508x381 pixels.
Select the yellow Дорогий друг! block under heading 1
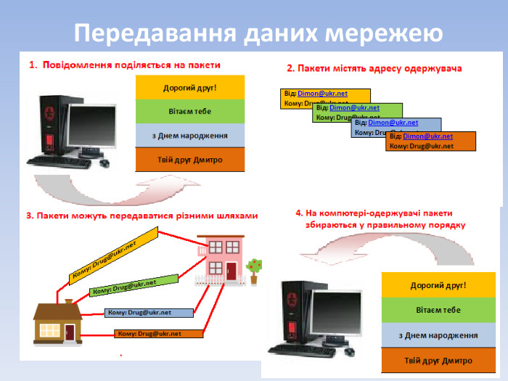coord(190,88)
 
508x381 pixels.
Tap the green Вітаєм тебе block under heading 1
coord(190,111)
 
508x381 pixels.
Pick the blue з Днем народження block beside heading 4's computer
coord(438,335)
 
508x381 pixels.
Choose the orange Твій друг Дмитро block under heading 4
coord(438,361)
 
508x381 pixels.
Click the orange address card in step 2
coord(430,141)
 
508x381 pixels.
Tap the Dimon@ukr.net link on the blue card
coord(394,123)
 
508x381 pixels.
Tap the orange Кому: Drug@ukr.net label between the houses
coord(157,334)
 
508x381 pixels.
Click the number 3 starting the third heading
coord(28,216)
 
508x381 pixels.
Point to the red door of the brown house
coord(70,332)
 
